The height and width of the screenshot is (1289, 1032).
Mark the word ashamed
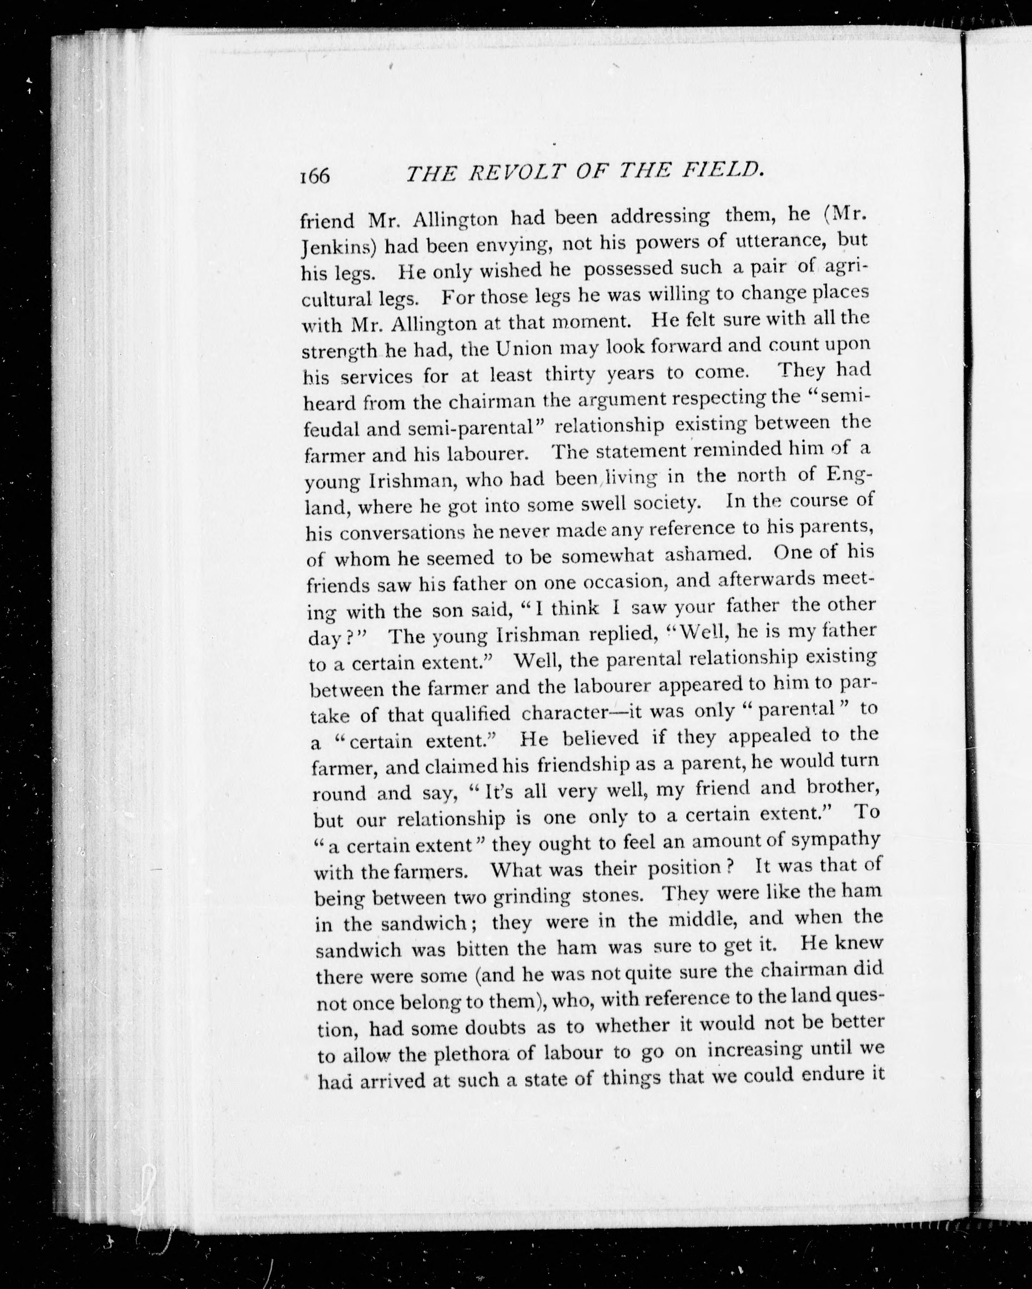708,554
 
